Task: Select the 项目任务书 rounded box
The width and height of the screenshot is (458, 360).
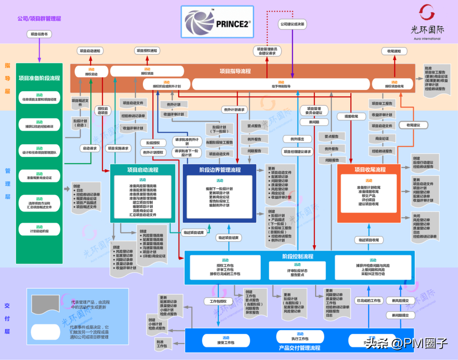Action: (x=39, y=34)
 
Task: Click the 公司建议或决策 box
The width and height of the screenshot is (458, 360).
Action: (x=292, y=24)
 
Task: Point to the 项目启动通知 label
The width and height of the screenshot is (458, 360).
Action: (x=90, y=51)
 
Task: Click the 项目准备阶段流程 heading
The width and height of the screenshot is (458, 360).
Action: (x=39, y=78)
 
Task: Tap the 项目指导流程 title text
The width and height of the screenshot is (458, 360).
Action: (x=235, y=71)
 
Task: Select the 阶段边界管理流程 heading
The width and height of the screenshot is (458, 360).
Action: (x=220, y=170)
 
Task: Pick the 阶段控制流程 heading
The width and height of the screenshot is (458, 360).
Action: (x=298, y=256)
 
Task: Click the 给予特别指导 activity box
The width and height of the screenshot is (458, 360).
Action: (x=281, y=84)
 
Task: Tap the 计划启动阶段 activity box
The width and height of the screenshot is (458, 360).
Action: (x=39, y=229)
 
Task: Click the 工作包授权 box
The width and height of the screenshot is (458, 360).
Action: (x=218, y=301)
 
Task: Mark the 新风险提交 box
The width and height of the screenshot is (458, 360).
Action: (x=400, y=301)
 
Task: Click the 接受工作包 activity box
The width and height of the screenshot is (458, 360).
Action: (x=226, y=340)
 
